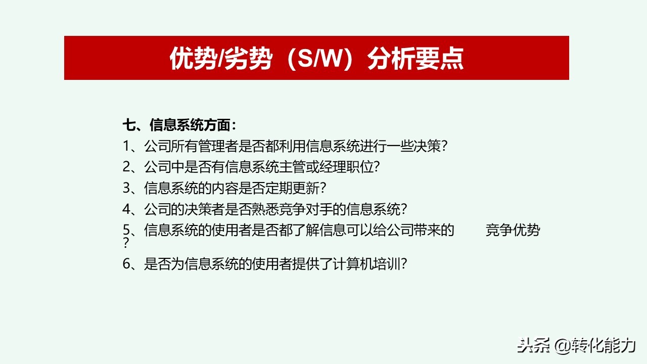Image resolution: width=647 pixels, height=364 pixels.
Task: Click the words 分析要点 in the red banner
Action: pyautogui.click(x=415, y=59)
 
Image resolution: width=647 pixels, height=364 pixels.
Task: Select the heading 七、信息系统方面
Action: pyautogui.click(x=179, y=125)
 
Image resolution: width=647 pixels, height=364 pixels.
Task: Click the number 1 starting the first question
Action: pyautogui.click(x=126, y=146)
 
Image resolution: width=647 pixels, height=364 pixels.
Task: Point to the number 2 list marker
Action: pyautogui.click(x=126, y=167)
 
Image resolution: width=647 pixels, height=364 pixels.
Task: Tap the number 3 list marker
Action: pyautogui.click(x=126, y=188)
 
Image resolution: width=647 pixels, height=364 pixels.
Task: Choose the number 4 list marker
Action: pyautogui.click(x=126, y=208)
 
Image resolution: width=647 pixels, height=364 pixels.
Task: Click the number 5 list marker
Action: pyautogui.click(x=126, y=230)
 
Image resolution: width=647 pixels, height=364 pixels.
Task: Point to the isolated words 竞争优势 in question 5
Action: pyautogui.click(x=513, y=230)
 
